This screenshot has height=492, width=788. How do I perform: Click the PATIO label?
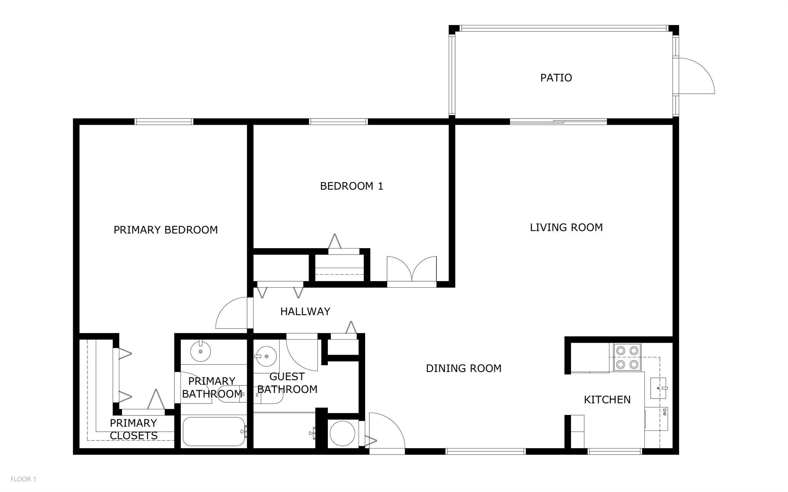pos(556,78)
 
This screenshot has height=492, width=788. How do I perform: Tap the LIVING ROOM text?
pos(566,227)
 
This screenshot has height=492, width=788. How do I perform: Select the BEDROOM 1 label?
pos(352,186)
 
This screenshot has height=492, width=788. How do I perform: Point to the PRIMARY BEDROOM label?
pos(166,230)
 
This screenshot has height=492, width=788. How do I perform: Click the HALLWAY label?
pos(305,311)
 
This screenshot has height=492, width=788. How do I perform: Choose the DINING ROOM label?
pos(464,368)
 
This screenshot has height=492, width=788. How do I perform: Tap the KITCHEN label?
pos(607,400)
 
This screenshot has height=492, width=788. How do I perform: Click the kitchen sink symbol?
pos(659,388)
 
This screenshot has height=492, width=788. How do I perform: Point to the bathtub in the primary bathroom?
pos(214,432)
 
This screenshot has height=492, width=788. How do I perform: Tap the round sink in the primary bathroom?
pos(201,351)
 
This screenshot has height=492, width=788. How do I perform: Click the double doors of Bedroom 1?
pos(412,269)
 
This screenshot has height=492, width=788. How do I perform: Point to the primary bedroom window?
pos(164,122)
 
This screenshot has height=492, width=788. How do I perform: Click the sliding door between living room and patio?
pos(558,122)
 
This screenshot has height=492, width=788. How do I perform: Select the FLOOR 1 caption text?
pos(23,479)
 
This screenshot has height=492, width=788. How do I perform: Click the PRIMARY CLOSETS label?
pos(134,429)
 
